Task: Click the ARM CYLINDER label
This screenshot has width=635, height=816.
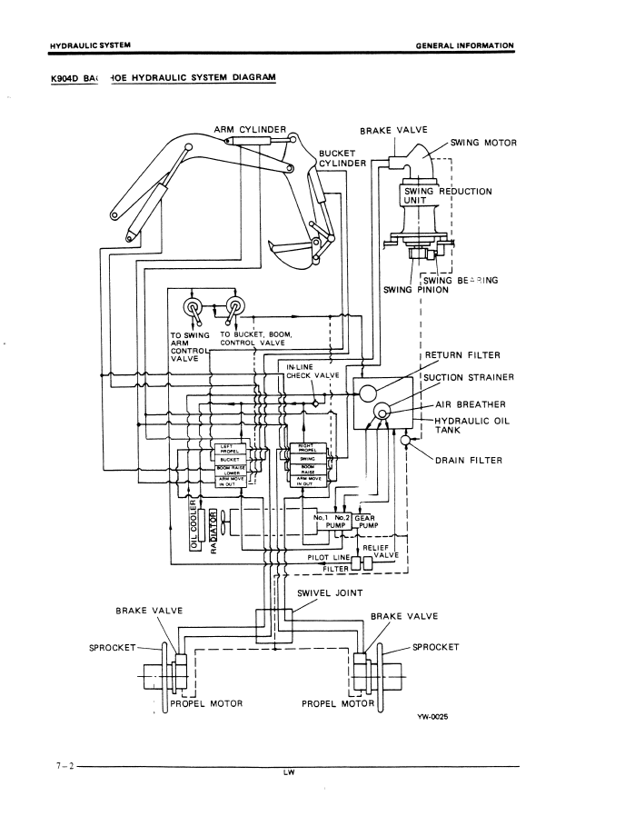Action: (x=250, y=129)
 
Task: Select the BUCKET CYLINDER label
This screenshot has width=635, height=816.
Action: (x=342, y=158)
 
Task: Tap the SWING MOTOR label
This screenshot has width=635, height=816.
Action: (x=482, y=143)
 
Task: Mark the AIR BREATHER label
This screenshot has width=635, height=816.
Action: (x=471, y=404)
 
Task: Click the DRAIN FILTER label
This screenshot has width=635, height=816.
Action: (x=469, y=460)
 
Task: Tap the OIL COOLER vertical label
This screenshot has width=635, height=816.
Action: (x=193, y=524)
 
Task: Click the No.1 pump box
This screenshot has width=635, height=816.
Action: (x=324, y=521)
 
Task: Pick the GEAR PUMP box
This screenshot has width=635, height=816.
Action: (x=363, y=521)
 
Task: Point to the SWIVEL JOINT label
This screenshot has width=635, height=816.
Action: (x=330, y=592)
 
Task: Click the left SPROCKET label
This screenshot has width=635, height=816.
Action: (x=112, y=647)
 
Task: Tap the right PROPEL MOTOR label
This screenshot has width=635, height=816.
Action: (x=337, y=702)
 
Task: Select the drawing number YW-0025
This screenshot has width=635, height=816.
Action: (x=432, y=717)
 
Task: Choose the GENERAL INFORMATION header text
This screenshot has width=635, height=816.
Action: (x=464, y=45)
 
